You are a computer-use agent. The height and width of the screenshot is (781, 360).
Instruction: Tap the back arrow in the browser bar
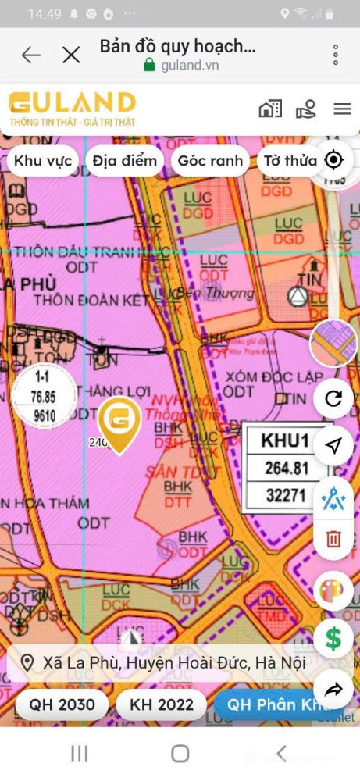30,55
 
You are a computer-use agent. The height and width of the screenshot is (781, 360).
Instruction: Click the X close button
71,55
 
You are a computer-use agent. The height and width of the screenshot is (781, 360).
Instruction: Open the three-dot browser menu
336,55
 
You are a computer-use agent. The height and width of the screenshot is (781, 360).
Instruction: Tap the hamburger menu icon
342,109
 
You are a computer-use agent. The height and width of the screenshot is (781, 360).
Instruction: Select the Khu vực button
44,161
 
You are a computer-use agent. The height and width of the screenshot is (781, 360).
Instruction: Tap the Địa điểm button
124,161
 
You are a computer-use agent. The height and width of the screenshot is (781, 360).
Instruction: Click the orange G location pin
120,423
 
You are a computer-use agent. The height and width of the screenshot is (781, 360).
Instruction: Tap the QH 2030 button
62,704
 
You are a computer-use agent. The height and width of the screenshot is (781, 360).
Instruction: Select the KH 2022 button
162,704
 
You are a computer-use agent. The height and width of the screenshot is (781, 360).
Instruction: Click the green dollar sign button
333,639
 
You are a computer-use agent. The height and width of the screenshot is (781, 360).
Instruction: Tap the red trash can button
333,538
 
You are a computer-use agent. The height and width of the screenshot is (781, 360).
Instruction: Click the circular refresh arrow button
333,399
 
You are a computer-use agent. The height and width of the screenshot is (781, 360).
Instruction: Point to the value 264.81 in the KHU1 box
286,469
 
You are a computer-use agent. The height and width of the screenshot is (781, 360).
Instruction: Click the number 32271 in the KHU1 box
286,494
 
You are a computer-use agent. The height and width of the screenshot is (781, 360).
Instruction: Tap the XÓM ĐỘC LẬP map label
273,377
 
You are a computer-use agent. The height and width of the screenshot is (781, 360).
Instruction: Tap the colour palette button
333,590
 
